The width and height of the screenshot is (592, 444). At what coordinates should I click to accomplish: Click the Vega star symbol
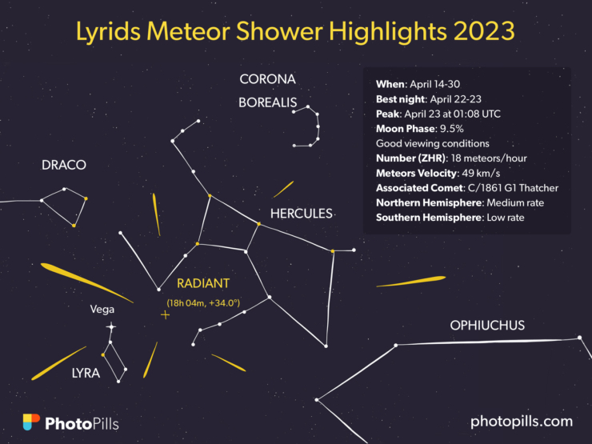coord(110,326)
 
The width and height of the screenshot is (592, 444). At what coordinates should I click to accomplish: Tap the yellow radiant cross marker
coord(165,315)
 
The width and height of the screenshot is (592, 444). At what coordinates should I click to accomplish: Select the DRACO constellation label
coord(64,165)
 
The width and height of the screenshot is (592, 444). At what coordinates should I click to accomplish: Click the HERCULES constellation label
coord(302,214)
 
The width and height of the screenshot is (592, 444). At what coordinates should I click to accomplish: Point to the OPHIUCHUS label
coord(487,326)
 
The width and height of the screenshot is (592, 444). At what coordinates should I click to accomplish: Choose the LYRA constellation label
coord(86,373)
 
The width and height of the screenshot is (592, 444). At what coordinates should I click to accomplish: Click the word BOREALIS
coord(268,102)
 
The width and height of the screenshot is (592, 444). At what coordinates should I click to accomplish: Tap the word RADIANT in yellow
coord(203,283)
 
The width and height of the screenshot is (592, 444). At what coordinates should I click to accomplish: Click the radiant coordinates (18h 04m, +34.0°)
coord(203,302)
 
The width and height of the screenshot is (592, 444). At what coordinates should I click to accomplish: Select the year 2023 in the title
coord(484,31)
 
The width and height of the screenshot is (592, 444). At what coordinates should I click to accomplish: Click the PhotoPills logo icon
coord(31,422)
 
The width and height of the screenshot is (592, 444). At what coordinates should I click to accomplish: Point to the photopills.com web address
coord(522,422)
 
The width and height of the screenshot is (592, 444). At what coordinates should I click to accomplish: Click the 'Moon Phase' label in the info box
coord(405,129)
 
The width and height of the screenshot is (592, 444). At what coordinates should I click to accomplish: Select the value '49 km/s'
coord(481,174)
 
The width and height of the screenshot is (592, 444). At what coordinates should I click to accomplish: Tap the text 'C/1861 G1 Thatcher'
coord(513,188)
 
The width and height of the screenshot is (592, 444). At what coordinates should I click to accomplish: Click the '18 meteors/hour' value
coord(489,158)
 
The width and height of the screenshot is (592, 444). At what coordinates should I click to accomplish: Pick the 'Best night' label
coord(401,99)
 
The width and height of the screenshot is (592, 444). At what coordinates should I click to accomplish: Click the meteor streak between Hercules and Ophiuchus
coord(411,282)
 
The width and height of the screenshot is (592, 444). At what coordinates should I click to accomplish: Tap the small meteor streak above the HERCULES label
coord(283,189)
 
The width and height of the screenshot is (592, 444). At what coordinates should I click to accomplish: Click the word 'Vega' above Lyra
coord(102,310)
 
